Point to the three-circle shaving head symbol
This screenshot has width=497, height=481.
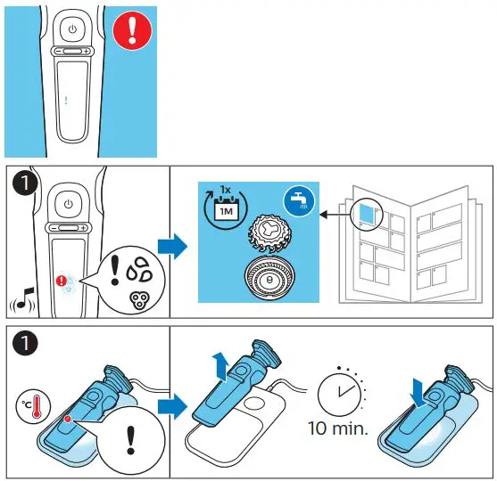[139, 300]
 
